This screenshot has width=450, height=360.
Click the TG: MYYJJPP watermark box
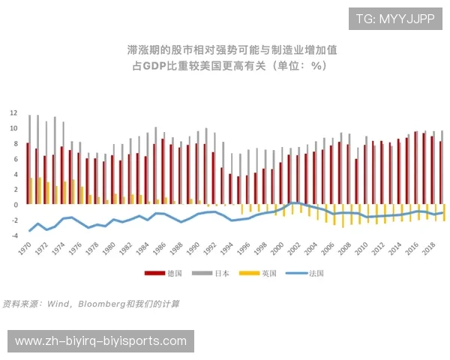(394, 19)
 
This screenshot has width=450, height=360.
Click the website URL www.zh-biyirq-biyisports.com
(100, 341)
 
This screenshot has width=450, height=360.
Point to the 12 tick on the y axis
(13, 113)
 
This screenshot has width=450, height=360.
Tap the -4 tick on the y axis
(13, 235)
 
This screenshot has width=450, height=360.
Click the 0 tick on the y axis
(15, 205)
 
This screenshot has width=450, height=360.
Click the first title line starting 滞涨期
(232, 50)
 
